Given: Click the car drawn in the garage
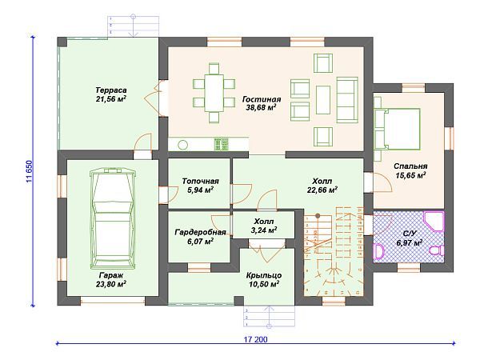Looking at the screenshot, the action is (x=112, y=218).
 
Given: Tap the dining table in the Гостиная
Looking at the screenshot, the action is (x=214, y=93).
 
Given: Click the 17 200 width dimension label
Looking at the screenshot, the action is (x=255, y=339).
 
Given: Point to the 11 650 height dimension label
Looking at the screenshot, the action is (x=29, y=172).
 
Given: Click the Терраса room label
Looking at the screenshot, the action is (x=111, y=90).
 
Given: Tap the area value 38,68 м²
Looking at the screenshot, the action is (x=261, y=107).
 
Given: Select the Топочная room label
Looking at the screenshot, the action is (x=201, y=182).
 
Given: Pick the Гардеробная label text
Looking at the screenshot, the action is (x=201, y=233).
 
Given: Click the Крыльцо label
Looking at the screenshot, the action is (x=264, y=275).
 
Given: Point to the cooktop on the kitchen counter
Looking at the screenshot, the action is (x=222, y=144).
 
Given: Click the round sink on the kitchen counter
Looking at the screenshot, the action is (x=182, y=144).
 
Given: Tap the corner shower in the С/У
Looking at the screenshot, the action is (x=434, y=222).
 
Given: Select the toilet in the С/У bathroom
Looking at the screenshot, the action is (x=437, y=250).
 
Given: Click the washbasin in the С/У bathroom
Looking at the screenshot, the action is (x=378, y=251).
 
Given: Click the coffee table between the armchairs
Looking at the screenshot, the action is (x=323, y=100).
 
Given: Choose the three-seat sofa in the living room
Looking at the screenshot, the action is (x=347, y=100).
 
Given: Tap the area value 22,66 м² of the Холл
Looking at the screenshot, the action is (x=322, y=190).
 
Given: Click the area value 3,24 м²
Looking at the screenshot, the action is (x=264, y=230).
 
